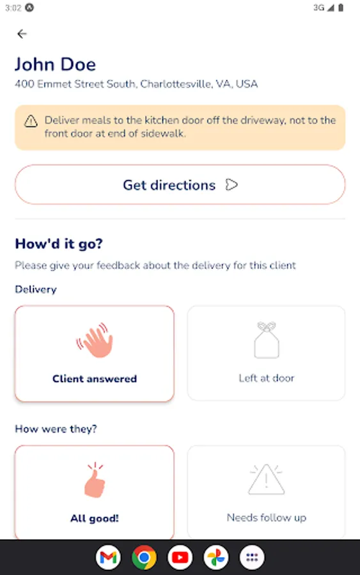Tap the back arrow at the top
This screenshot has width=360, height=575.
[22, 34]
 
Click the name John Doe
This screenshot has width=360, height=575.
[56, 65]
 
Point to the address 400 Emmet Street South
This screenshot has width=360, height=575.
[75, 84]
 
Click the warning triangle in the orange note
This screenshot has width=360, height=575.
[31, 121]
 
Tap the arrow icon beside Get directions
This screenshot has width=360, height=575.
[231, 185]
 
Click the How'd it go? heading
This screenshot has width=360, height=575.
[59, 244]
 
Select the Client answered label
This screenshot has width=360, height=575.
[94, 378]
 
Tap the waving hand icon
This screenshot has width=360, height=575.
[95, 340]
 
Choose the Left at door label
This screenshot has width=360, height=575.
[267, 378]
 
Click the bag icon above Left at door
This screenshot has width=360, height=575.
[267, 340]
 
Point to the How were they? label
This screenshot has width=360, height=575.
[56, 429]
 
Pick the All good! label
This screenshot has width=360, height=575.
[94, 518]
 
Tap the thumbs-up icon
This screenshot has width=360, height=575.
[95, 480]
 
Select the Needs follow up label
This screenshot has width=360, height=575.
[267, 517]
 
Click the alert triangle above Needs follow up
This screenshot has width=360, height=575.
[267, 479]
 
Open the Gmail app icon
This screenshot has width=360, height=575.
[108, 557]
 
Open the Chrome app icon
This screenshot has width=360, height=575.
[144, 557]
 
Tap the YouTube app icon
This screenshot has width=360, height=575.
[180, 557]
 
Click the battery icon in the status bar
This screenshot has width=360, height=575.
[341, 8]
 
